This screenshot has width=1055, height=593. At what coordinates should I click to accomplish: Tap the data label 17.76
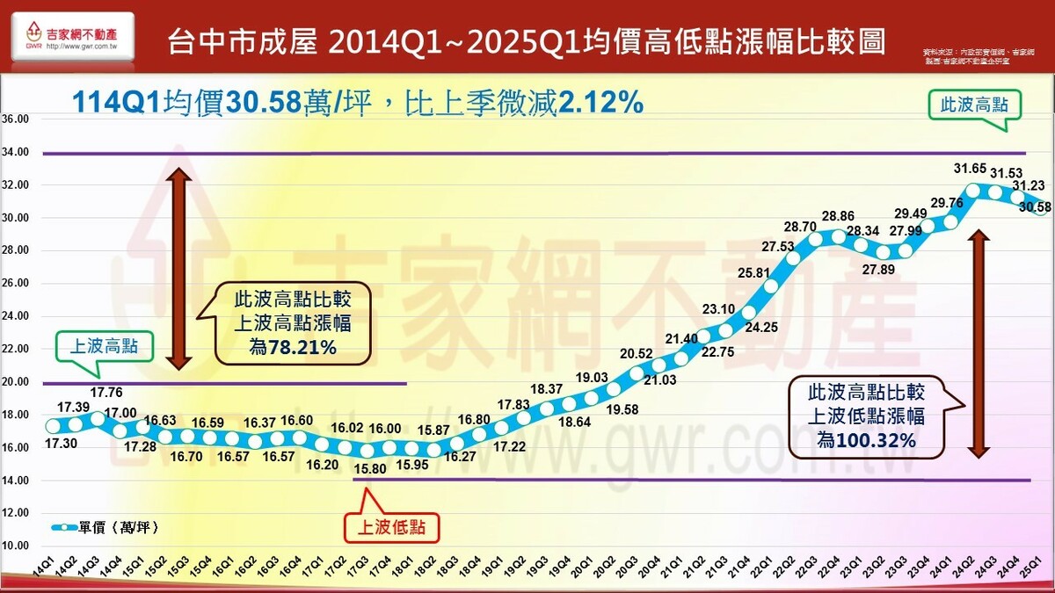tap(105, 393)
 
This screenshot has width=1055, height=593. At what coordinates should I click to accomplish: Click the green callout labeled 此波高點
tap(973, 105)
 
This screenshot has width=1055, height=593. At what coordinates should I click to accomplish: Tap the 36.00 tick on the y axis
tap(16, 119)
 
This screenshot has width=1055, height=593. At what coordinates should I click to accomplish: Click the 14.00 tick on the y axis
tap(16, 481)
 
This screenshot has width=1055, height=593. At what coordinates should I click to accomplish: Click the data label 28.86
tap(837, 215)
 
